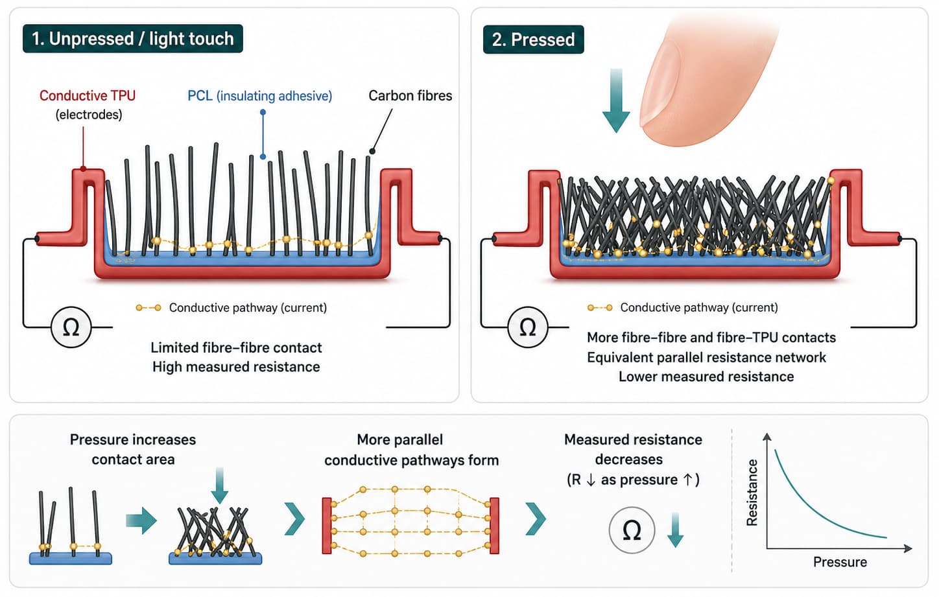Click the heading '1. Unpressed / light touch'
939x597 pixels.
click(x=132, y=39)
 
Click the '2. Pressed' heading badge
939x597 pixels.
click(x=533, y=40)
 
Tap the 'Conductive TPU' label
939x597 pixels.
click(x=88, y=96)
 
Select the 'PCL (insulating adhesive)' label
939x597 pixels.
click(x=259, y=96)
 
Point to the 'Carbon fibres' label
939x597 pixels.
click(x=410, y=96)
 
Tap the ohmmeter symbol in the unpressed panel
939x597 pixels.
click(x=71, y=327)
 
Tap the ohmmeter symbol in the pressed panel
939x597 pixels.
click(x=528, y=327)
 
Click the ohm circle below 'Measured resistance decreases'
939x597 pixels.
click(x=632, y=530)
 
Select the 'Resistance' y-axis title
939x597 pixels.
click(x=752, y=493)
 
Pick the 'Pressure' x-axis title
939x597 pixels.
click(x=840, y=562)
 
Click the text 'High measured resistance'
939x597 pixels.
click(x=236, y=367)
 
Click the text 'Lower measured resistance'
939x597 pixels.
click(x=706, y=377)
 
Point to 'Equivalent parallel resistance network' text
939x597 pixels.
click(x=706, y=357)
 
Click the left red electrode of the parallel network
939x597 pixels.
click(x=327, y=526)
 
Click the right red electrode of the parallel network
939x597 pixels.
click(x=495, y=526)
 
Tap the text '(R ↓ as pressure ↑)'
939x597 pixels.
click(x=633, y=480)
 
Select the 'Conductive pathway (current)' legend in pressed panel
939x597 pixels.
click(x=698, y=307)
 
